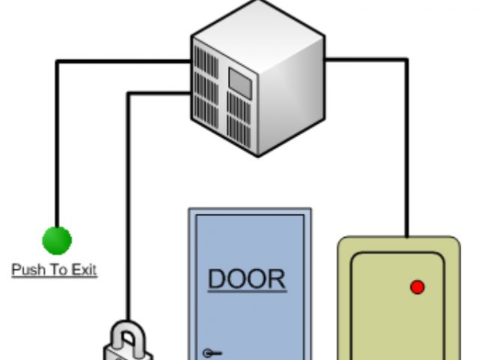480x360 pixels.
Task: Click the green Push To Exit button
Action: (56, 241)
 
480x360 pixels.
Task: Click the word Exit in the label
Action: (84, 270)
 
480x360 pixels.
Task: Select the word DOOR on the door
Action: (247, 279)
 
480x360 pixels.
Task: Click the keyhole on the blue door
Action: (208, 352)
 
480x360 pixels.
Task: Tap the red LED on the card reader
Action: (418, 287)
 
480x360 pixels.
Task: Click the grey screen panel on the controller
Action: (239, 81)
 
